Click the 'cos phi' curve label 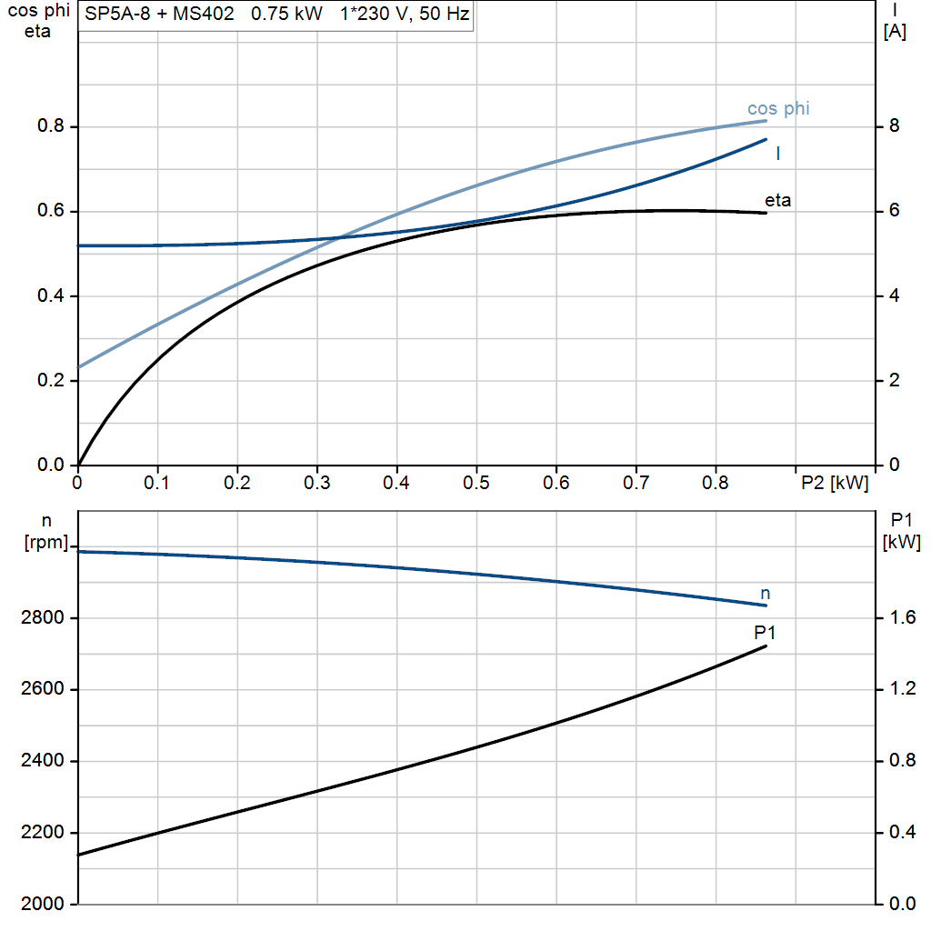[x=778, y=109]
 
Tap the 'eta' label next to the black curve [x=777, y=200]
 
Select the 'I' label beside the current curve [x=778, y=155]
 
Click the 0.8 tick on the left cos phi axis [x=52, y=126]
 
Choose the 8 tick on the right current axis [x=894, y=126]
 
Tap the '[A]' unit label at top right [x=895, y=31]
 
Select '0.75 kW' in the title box [x=286, y=15]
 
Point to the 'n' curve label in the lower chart [x=765, y=594]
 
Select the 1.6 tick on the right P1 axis [x=897, y=618]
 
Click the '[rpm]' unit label [x=45, y=542]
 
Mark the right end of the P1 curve [x=766, y=646]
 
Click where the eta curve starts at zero [x=79, y=465]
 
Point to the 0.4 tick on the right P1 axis [x=897, y=833]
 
